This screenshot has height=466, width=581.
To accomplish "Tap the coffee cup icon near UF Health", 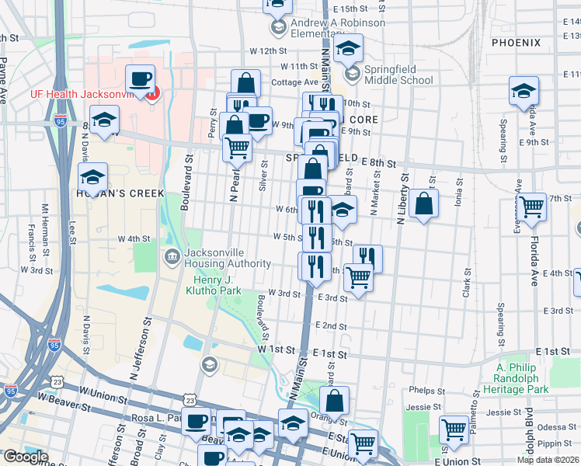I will tap(140, 78).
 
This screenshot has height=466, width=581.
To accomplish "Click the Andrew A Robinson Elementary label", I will tap(328, 29).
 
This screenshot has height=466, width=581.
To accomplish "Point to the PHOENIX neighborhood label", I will tap(516, 42).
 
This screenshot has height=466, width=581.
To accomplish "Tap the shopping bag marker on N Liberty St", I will tap(424, 205).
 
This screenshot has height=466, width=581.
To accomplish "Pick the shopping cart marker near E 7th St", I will tap(532, 207).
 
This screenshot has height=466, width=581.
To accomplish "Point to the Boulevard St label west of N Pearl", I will tap(186, 181).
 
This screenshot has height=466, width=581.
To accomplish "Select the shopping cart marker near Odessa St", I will tap(454, 429).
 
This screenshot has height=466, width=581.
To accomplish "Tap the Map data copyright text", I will tap(548, 460).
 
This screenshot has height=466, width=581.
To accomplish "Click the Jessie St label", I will tap(421, 407).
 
